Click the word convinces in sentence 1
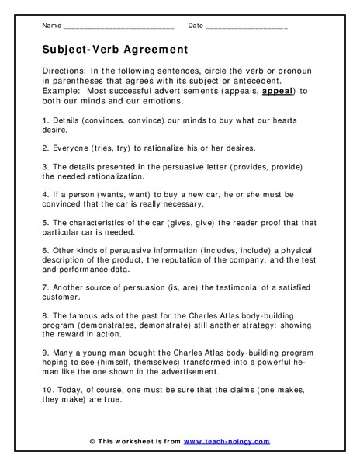(100, 120)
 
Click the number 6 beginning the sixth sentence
(43, 251)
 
